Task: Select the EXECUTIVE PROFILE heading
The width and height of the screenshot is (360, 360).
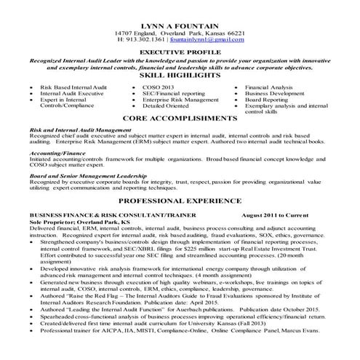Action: coord(180,54)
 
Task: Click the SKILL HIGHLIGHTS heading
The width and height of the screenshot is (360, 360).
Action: coord(180,75)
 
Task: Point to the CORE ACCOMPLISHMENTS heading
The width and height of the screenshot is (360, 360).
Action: coord(180,117)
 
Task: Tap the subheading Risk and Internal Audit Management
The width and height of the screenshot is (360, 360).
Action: coord(79,129)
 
